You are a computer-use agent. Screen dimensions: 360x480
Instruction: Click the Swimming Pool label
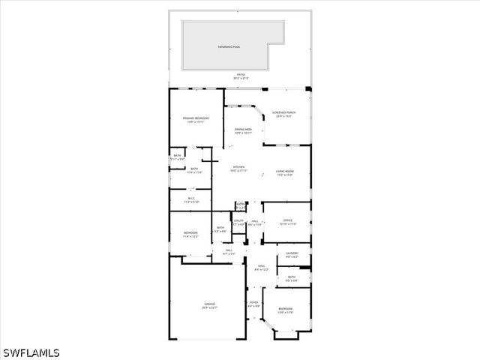tap(229, 46)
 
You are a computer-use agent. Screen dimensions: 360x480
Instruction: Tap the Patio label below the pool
tap(241, 76)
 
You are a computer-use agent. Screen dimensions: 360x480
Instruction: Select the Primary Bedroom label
tap(196, 119)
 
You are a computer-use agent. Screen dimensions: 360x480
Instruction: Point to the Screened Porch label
tap(284, 114)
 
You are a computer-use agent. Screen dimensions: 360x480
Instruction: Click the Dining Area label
tap(243, 130)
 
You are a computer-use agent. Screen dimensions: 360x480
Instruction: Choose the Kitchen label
tap(238, 168)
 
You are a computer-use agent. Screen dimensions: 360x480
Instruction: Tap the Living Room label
tap(284, 172)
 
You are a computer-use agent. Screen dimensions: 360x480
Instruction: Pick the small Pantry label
tap(241, 205)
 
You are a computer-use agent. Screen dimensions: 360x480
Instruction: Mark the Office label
tap(288, 222)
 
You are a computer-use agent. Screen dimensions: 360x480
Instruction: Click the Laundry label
tap(292, 255)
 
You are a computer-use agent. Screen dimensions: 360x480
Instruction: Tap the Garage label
tap(208, 305)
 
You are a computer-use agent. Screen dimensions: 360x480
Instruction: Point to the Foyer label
tap(253, 304)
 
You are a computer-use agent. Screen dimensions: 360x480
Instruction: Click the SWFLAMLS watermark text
tap(31, 352)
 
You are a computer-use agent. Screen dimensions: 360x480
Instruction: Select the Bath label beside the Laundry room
tap(292, 279)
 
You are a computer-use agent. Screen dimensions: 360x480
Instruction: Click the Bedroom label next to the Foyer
tap(286, 310)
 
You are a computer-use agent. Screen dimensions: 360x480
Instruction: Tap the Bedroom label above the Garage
tap(190, 234)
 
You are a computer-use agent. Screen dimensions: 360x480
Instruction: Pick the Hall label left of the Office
tap(255, 223)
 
